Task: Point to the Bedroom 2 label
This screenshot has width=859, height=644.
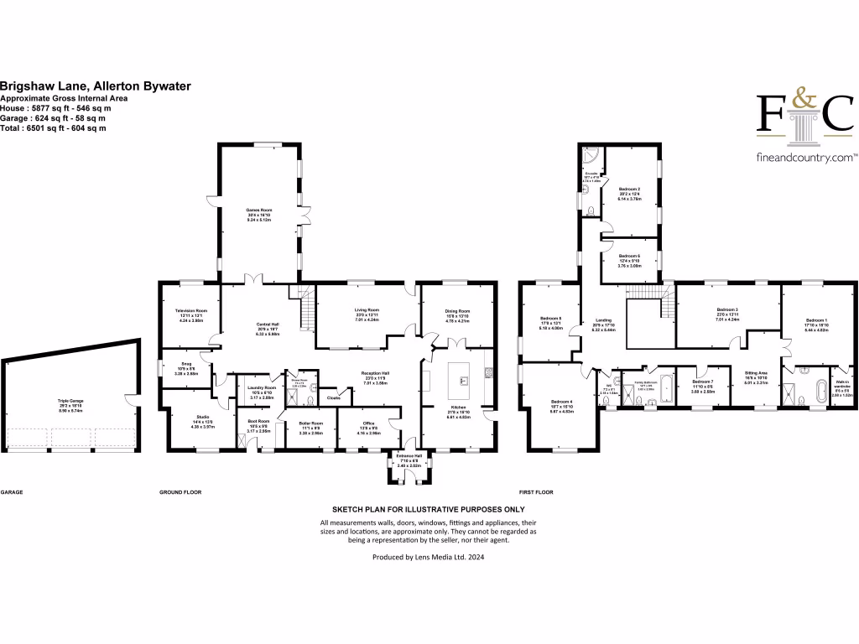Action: click(x=630, y=193)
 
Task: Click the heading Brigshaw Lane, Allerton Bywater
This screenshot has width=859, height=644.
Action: click(x=96, y=86)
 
